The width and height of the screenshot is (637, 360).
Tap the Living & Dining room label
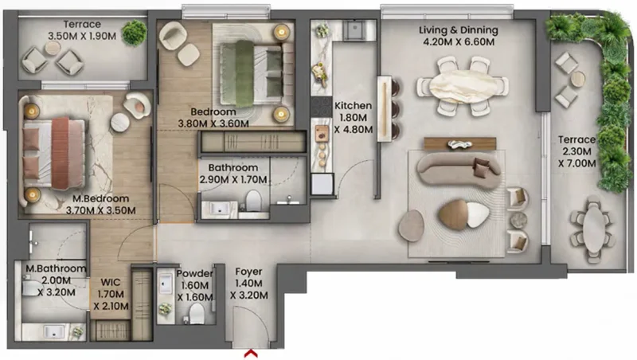(458, 30)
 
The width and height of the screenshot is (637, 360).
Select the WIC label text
(110, 281)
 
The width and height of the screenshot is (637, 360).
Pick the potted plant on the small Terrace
(135, 33)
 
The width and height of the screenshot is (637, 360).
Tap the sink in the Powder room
(166, 284)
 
